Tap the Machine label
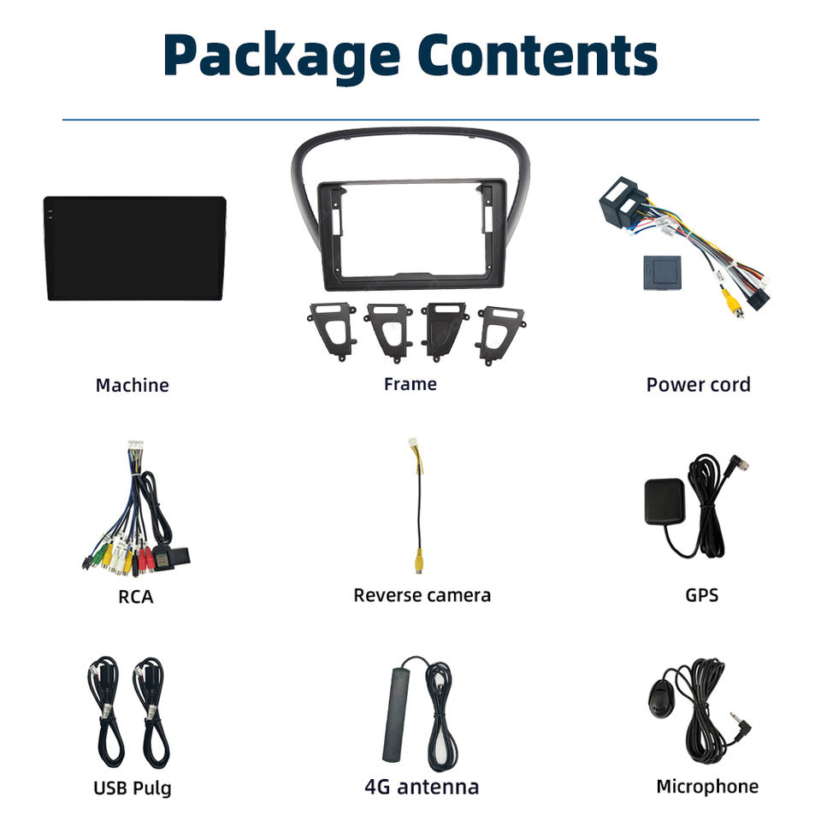132,385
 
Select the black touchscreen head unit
135,248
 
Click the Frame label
410,384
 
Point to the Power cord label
698,385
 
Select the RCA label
135,596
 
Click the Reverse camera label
422,595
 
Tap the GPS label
701,594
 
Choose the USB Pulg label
132,787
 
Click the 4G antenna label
422,787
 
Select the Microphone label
706,786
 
